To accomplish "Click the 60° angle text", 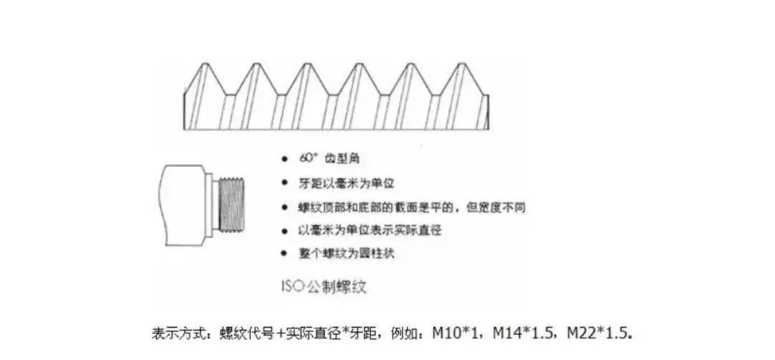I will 306,156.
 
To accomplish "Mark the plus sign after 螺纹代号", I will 281,333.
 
